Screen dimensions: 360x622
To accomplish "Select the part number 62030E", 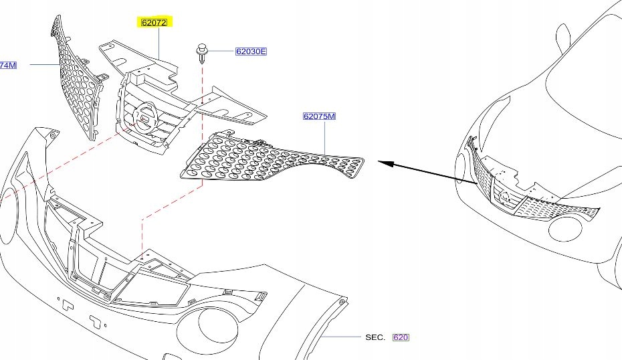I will pos(251,51).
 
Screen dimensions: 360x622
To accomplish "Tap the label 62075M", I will pos(319,116).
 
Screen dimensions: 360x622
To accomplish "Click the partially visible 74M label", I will pos(8,65).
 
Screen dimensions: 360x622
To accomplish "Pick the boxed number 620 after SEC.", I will pos(400,337).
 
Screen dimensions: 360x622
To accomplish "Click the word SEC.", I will pos(375,337).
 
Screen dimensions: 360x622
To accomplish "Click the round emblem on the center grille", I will pos(144,118).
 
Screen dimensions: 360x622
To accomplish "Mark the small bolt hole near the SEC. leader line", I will pos(342,302).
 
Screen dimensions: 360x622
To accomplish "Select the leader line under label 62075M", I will pos(324,138).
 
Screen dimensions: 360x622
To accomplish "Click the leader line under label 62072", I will pos(159,43).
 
